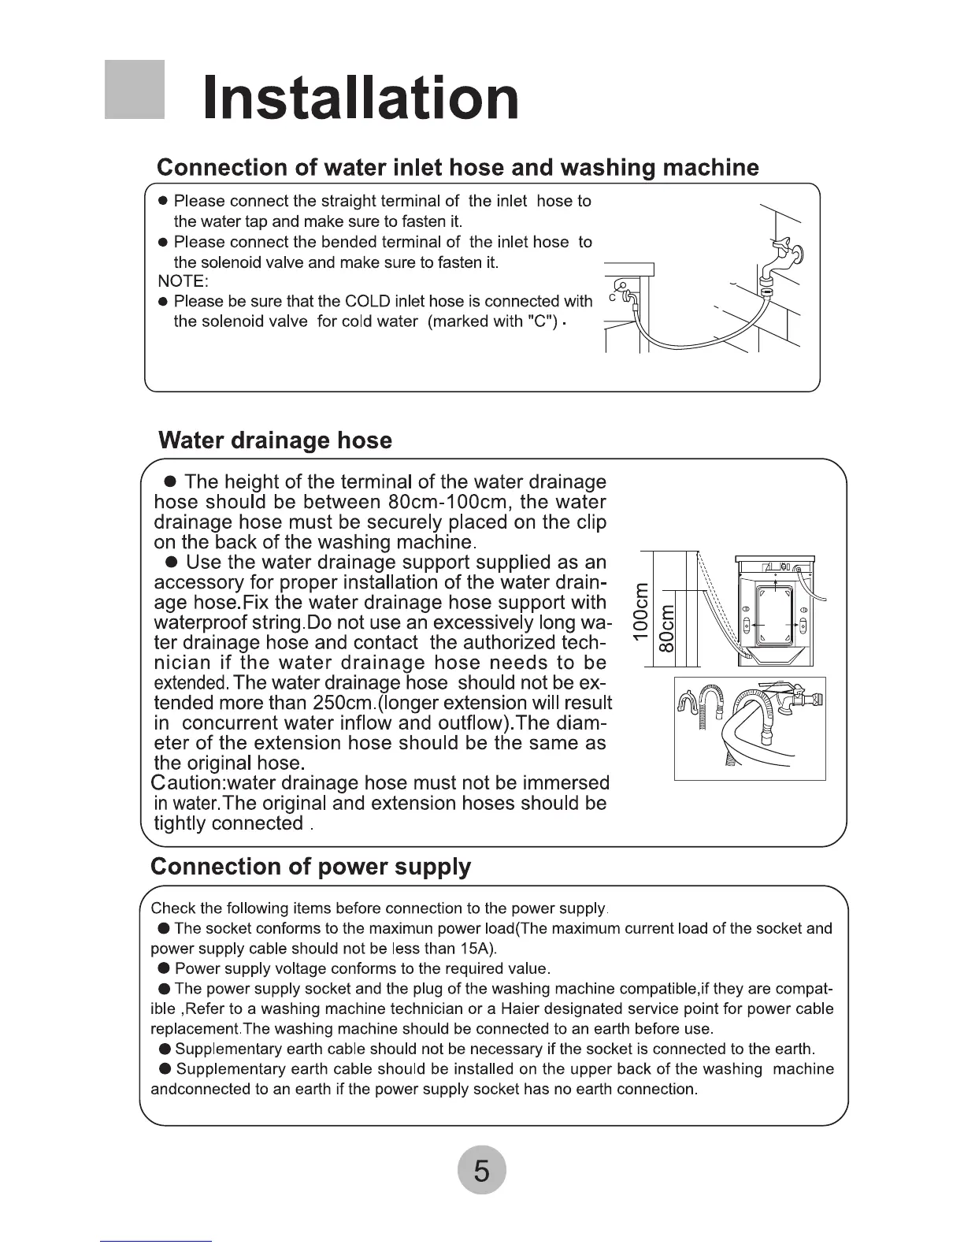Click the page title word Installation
(361, 98)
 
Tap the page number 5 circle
(481, 1171)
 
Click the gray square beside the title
(135, 89)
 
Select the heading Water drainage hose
(275, 440)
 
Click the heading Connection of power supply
(310, 867)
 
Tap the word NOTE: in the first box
(183, 281)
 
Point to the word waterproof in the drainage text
(202, 622)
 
